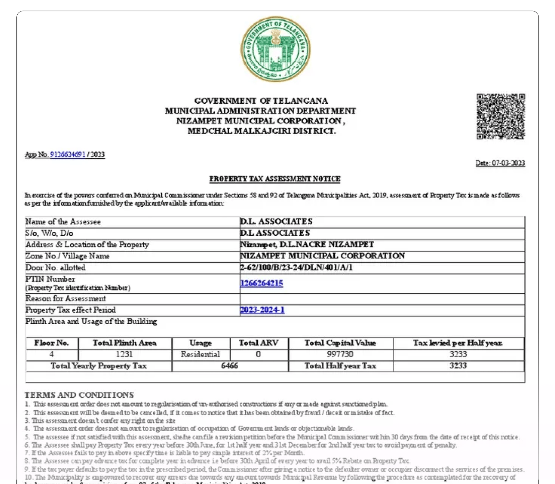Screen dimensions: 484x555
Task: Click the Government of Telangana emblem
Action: tap(275, 49)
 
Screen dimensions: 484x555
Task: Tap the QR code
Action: tap(501, 116)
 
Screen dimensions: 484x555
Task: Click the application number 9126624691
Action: tap(68, 154)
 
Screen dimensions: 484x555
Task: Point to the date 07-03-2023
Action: tap(508, 163)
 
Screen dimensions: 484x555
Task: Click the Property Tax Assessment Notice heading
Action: tap(275, 179)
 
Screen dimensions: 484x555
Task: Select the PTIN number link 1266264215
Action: tap(262, 283)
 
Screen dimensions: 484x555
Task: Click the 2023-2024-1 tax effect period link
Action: tap(262, 310)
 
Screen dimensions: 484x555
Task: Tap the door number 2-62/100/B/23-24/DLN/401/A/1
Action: tap(296, 267)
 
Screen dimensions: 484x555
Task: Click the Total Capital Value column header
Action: tap(340, 343)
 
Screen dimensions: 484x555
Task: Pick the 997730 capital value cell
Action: tap(340, 354)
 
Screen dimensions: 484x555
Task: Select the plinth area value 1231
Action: tap(124, 354)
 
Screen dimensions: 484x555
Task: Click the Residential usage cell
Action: tap(200, 354)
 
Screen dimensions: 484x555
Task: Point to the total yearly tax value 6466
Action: tap(229, 366)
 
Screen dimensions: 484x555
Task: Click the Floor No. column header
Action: tap(51, 343)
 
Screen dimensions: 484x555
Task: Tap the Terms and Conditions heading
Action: tap(79, 395)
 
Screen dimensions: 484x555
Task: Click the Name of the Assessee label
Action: tap(63, 222)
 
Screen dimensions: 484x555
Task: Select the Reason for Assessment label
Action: tap(66, 299)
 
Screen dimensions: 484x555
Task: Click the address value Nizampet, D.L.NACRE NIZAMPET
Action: tap(307, 244)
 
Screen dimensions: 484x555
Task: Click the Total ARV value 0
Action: tap(258, 354)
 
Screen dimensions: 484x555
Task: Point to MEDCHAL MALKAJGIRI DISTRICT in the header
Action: tap(262, 131)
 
